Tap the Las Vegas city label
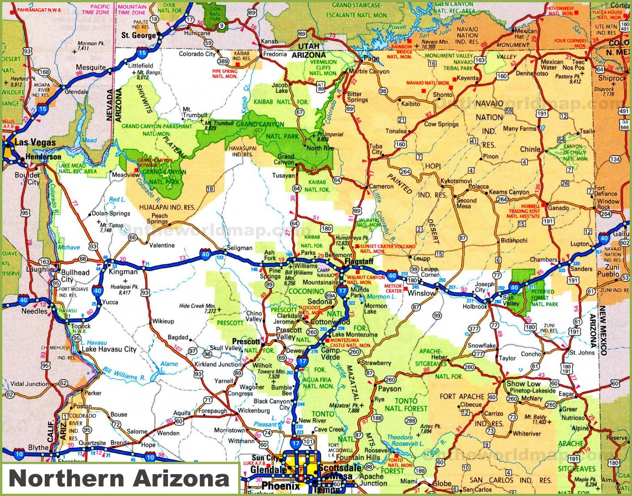(35, 143)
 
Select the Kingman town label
(123, 272)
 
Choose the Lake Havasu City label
(109, 349)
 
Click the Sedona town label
(319, 301)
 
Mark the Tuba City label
(376, 149)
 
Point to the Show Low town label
(523, 383)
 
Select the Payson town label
(389, 389)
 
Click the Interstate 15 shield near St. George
(142, 53)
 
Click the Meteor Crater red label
(393, 288)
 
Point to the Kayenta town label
(467, 78)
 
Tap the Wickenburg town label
(254, 410)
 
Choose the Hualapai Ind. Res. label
(167, 207)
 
